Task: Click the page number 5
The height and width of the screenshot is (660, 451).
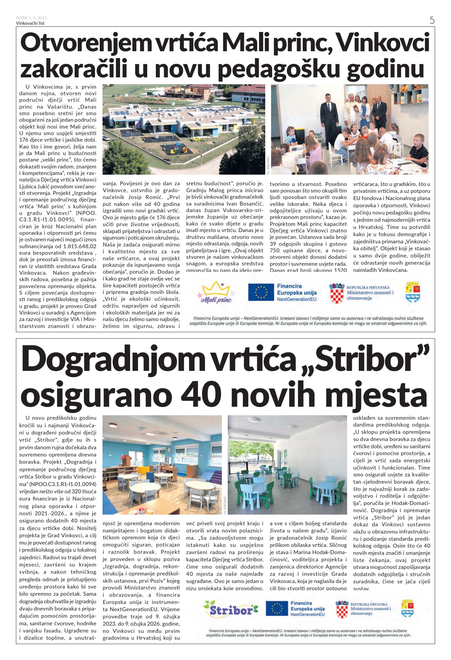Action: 432,20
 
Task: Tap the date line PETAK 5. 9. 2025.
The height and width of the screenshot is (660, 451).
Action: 32,18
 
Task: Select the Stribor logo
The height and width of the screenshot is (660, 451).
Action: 230,609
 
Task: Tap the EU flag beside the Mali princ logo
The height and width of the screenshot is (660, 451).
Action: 261,293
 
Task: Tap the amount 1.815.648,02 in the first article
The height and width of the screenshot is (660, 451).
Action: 80,246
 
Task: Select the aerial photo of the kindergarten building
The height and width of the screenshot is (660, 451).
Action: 184,129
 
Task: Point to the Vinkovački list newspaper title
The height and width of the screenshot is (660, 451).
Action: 30,23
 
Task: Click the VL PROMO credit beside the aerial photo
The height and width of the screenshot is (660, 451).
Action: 268,165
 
